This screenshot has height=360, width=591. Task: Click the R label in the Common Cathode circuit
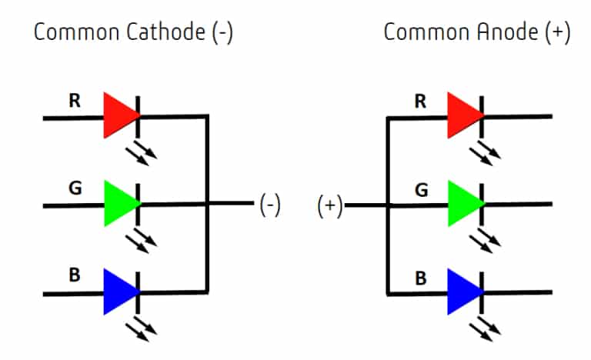(75, 101)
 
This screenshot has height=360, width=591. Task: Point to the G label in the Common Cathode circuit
(75, 188)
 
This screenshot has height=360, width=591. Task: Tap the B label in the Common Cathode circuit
(75, 275)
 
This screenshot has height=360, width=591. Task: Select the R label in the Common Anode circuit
(420, 102)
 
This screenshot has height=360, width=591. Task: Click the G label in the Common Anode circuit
(422, 190)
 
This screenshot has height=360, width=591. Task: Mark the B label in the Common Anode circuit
(421, 278)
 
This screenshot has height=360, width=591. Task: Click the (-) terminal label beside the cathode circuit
(270, 205)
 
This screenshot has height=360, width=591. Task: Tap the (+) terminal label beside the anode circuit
(330, 206)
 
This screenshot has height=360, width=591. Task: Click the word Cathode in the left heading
(165, 32)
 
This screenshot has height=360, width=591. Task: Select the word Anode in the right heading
(508, 32)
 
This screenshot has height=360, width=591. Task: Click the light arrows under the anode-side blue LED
(485, 328)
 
